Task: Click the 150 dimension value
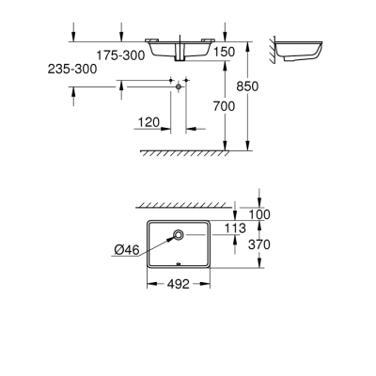[x=224, y=54]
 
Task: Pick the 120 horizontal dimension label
[x=149, y=122]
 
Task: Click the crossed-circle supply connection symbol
[x=176, y=85]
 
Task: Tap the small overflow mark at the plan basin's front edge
[x=176, y=264]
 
